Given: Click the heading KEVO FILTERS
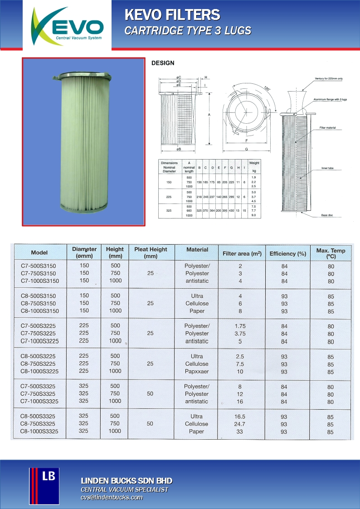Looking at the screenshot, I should coord(172,15).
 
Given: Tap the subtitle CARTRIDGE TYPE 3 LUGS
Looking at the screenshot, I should coord(188,31).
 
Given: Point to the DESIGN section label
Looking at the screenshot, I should coord(162,63).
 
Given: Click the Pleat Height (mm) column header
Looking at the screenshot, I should coord(151,252).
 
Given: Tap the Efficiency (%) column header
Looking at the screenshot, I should coord(287,253).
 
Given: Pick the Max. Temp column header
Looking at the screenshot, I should coord(331,253).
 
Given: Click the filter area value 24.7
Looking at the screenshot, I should coord(240,424).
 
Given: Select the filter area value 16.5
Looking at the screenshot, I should coord(240,416).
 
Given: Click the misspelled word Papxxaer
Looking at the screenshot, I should coord(197,371).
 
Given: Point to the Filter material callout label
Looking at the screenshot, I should coord(327,128).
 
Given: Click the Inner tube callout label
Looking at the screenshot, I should coord(327,168).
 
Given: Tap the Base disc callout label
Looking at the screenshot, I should coord(327,215).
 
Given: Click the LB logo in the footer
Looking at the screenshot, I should coord(44,486).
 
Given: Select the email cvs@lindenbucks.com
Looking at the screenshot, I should coord(112,497).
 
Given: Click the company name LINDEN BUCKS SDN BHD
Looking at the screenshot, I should coord(126,480).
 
